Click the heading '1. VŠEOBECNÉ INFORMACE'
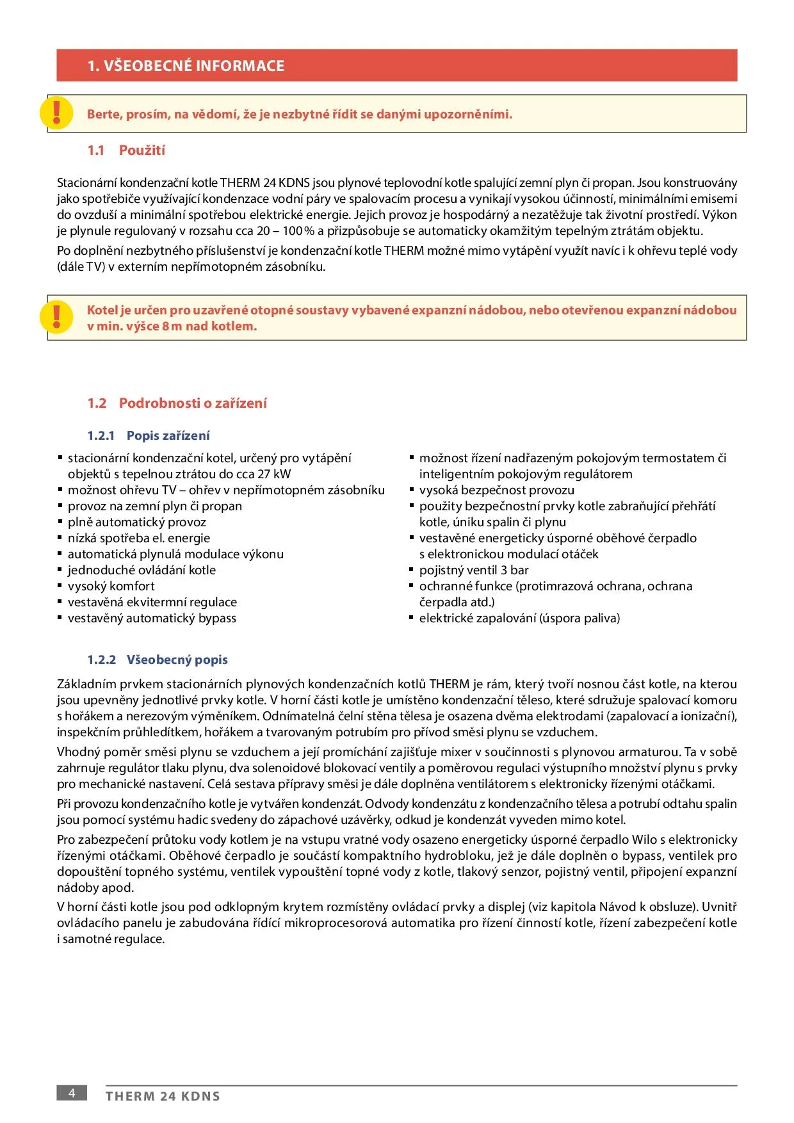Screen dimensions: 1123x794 pos(186,66)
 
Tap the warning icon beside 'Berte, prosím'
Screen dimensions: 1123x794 pos(57,113)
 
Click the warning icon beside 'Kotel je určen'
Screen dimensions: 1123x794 pos(57,317)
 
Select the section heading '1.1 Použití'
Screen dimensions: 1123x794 pos(126,150)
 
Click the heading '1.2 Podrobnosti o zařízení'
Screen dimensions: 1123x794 pos(177,403)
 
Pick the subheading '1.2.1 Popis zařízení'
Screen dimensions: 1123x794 pos(149,436)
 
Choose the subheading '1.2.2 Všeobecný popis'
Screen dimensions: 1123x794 pos(158,660)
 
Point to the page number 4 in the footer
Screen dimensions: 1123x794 pos(72,1093)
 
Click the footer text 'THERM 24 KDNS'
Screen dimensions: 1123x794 pos(163,1096)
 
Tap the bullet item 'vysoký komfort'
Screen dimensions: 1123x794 pos(111,586)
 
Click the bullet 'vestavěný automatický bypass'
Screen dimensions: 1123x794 pos(152,618)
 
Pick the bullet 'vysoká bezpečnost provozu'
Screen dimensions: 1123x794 pos(497,490)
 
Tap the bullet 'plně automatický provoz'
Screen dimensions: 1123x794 pos(137,522)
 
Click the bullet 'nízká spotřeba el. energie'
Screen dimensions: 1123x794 pos(139,538)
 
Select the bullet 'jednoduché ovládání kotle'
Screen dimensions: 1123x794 pos(142,570)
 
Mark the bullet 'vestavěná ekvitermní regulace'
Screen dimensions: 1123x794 pos(152,602)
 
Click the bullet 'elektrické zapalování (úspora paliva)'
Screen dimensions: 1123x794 pos(519,618)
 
